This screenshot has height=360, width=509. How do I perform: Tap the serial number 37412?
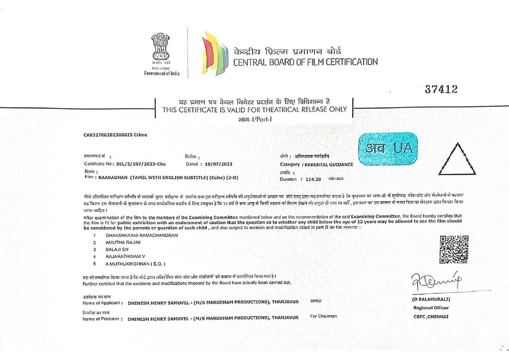pyautogui.click(x=441, y=90)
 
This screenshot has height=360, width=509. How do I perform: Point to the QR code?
pyautogui.click(x=453, y=249)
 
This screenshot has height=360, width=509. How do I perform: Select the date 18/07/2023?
pyautogui.click(x=217, y=164)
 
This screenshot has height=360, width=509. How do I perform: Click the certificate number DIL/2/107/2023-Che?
pyautogui.click(x=138, y=164)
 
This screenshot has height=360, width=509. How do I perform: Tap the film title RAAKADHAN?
pyautogui.click(x=114, y=177)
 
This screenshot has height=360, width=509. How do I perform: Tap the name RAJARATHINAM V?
pyautogui.click(x=125, y=257)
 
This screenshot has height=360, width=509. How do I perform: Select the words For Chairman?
pyautogui.click(x=324, y=316)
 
